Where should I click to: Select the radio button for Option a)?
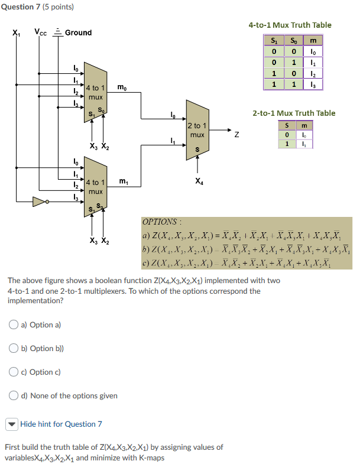point(14,324)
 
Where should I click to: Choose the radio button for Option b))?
point(14,348)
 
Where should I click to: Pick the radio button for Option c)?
point(14,372)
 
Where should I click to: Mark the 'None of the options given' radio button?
point(14,395)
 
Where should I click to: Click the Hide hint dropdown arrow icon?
point(12,424)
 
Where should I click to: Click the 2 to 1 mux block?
point(197,131)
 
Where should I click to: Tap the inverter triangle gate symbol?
point(39,202)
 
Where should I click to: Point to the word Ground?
point(78,33)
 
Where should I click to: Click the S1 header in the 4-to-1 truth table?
point(273,41)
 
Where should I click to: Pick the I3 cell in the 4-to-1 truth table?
point(313,85)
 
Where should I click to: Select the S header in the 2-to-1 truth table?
point(287,126)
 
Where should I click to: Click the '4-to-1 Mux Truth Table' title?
point(290,25)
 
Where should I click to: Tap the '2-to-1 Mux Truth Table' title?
point(294,113)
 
